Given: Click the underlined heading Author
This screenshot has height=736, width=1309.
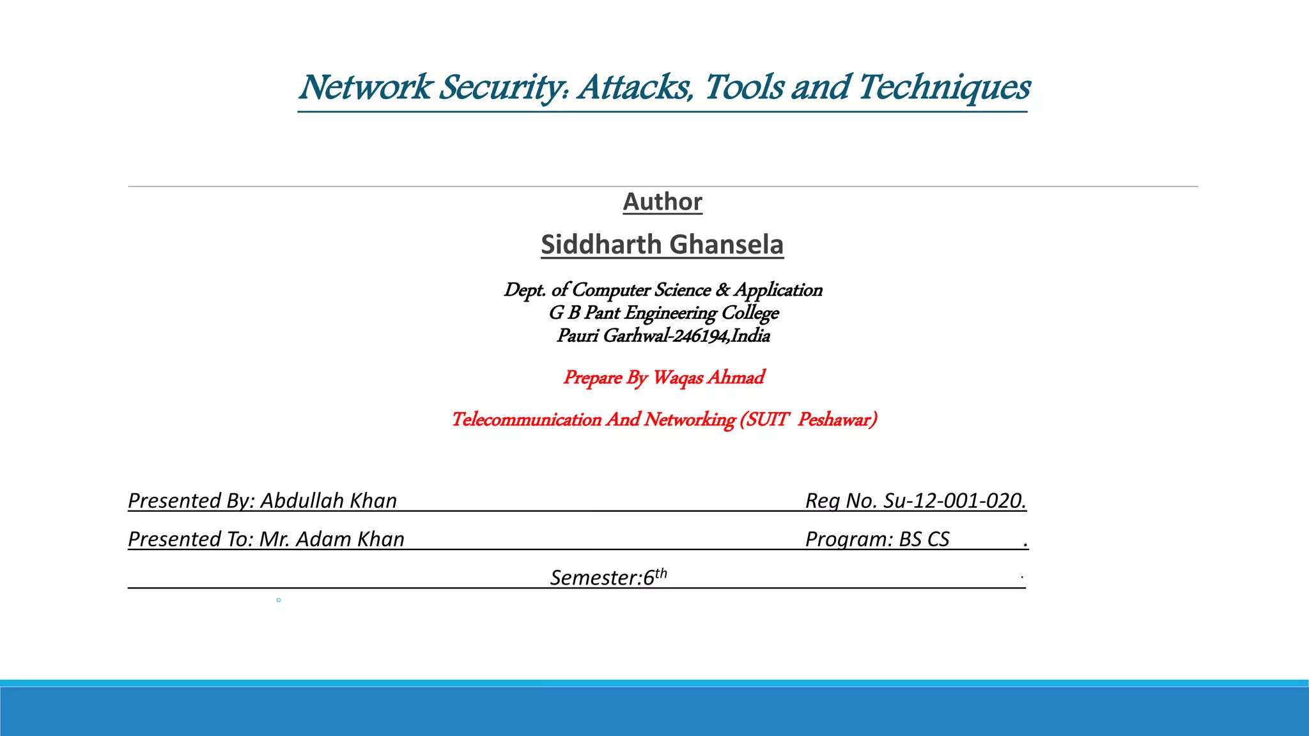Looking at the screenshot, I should [663, 202].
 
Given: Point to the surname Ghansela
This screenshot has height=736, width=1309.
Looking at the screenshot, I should [726, 245].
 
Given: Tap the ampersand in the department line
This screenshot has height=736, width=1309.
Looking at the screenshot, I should [722, 290].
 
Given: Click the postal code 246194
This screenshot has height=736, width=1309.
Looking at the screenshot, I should [700, 336].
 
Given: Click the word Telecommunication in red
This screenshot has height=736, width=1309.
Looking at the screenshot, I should [526, 420].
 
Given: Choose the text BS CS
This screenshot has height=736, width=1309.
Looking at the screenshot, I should [924, 539].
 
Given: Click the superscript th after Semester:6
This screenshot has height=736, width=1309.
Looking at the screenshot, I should [661, 573].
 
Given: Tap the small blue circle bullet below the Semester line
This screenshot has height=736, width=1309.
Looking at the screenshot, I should [279, 600].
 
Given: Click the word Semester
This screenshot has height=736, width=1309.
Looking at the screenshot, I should [593, 578].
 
